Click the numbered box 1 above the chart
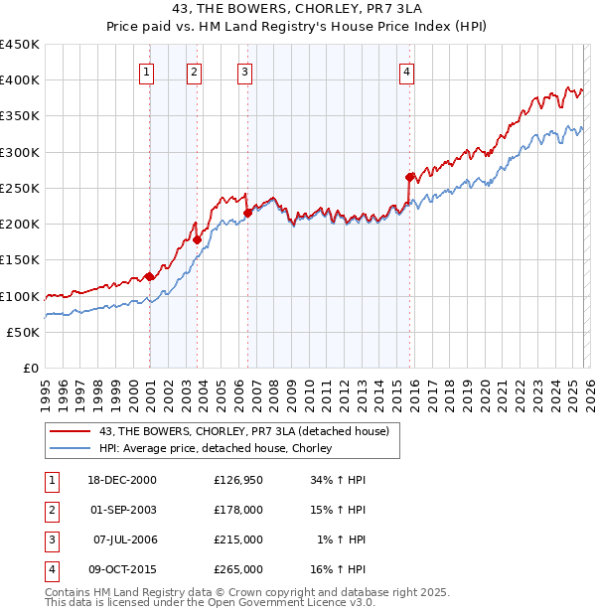(147, 71)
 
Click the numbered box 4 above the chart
(407, 71)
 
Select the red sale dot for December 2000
(149, 277)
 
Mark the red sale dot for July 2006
(247, 213)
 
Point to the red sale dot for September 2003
(197, 239)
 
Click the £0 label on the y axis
(31, 368)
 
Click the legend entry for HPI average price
(215, 449)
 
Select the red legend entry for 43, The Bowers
(249, 431)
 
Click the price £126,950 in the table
(238, 480)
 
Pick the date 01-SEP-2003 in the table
(123, 510)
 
